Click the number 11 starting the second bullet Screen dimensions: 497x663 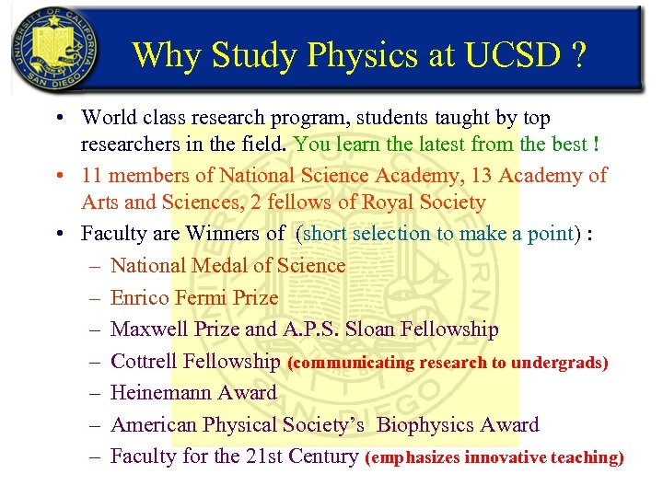point(91,175)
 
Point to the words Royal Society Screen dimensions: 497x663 point(427,202)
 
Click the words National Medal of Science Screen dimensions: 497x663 point(227,266)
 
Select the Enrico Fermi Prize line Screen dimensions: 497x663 point(193,297)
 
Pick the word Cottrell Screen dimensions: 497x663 point(144,362)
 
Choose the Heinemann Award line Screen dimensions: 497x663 point(193,393)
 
